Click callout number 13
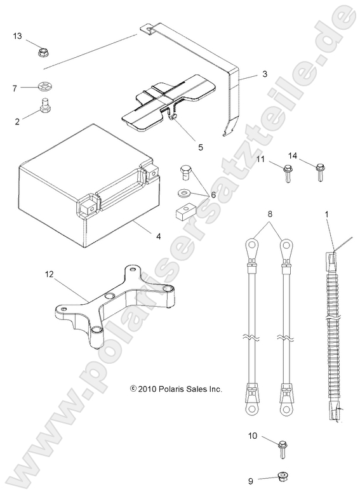17,36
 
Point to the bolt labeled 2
46,105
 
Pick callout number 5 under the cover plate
183,147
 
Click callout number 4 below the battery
158,237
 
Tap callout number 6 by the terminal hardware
213,195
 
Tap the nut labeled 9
281,477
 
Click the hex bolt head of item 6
185,170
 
